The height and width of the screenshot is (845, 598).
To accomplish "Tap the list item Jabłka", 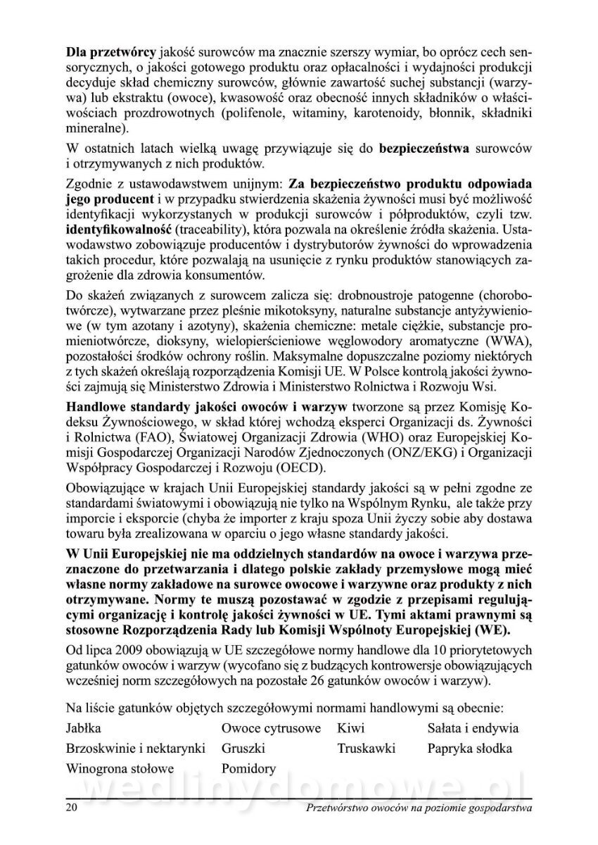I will coord(84,728).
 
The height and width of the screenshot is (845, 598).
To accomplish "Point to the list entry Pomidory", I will coord(248,769).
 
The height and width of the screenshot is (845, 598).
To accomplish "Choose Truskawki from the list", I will coord(366,749).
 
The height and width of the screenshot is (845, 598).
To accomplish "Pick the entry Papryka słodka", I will coord(469,749).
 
